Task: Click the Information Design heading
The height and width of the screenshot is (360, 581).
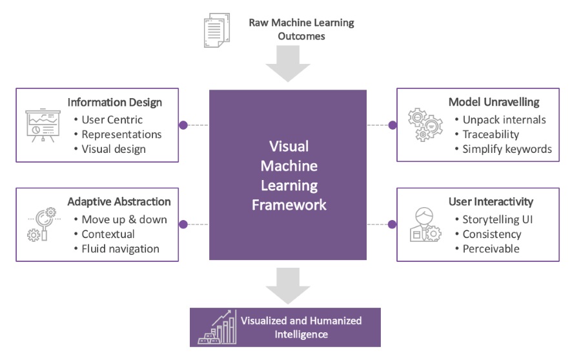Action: [x=114, y=103]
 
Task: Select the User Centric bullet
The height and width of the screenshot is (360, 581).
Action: [x=112, y=119]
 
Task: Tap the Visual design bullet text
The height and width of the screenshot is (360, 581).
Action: [x=114, y=149]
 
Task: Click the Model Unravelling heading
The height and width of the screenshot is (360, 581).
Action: [x=494, y=103]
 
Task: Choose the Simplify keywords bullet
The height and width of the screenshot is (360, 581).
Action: [x=507, y=149]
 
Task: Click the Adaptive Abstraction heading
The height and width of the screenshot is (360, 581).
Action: [x=119, y=202]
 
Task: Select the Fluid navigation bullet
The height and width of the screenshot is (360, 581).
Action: [x=120, y=248]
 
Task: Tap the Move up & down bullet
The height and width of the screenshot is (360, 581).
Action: [x=124, y=219]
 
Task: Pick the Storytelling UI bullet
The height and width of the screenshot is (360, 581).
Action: [x=497, y=219]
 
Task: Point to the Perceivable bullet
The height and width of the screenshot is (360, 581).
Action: [x=491, y=248]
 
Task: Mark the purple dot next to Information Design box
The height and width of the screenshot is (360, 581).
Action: [x=183, y=125]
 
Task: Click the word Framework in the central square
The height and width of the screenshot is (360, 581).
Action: [x=289, y=205]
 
